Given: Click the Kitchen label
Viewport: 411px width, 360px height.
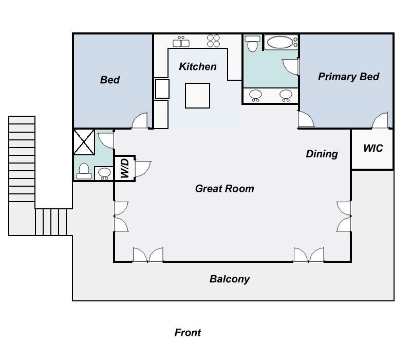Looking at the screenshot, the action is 198,67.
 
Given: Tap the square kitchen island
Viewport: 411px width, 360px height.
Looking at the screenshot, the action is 197,96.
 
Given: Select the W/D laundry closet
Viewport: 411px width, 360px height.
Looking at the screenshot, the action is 125,168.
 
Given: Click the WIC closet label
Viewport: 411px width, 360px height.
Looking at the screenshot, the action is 373,148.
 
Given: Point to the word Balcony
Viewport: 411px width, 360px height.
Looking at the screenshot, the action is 230,279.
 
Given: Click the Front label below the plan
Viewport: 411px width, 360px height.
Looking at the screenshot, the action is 188,332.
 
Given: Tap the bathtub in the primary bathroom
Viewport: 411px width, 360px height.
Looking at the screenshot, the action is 281,42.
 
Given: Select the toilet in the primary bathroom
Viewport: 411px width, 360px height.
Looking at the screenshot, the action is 252,44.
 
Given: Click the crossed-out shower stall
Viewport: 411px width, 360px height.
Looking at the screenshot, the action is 84,142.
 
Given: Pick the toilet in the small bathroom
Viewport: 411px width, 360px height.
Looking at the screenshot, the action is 84,171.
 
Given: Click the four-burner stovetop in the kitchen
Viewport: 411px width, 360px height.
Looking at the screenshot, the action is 213,41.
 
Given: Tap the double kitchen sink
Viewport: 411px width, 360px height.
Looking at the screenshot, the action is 181,42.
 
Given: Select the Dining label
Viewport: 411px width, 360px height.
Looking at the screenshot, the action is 322,154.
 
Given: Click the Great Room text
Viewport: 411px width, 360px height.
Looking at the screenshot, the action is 225,189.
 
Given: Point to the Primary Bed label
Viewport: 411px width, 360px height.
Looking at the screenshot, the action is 349,77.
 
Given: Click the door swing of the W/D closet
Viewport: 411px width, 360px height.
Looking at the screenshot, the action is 143,169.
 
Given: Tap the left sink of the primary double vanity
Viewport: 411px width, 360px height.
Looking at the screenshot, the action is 255,95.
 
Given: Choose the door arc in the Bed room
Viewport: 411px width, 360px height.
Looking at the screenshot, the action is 139,120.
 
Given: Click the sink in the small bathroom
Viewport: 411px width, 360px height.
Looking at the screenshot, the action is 104,173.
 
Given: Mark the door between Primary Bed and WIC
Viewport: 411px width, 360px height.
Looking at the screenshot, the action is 380,120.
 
